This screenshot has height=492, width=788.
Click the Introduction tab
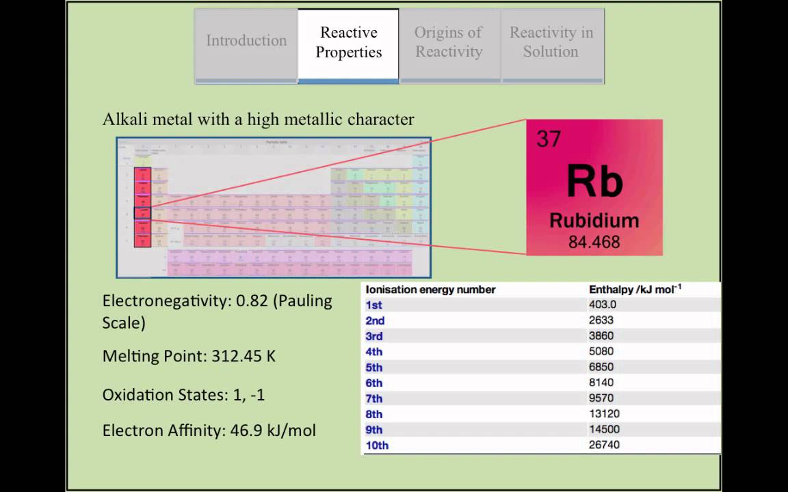pos(246,41)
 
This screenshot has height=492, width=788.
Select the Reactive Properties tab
pos(348,42)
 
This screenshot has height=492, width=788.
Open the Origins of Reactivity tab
pos(449,42)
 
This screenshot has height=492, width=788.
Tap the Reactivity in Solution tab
pos(551,42)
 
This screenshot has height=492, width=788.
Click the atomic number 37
pos(549,139)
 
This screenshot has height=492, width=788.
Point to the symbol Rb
pos(594,182)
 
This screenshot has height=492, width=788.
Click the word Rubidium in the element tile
pos(594,221)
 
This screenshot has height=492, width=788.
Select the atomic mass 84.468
pos(594,242)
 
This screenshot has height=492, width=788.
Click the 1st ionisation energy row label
pos(374,305)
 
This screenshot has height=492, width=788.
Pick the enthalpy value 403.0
pos(603,305)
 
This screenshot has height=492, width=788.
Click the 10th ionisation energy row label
pos(377,446)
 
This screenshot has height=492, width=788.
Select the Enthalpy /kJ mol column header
pos(634,290)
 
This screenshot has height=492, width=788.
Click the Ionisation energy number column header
pos(430,290)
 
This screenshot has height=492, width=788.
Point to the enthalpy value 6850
pos(601,367)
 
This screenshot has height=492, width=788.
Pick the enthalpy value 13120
pos(605,413)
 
